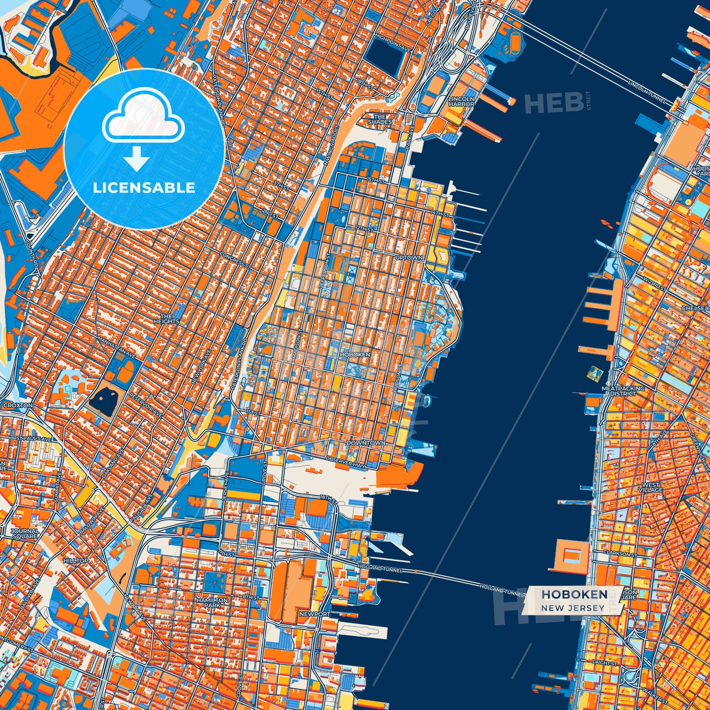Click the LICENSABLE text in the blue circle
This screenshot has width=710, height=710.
(x=144, y=188)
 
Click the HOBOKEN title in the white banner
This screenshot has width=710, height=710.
(x=574, y=595)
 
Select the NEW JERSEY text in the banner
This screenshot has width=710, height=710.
(x=573, y=608)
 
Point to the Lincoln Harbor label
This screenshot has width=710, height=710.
(x=461, y=101)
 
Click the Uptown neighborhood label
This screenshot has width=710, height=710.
(x=409, y=257)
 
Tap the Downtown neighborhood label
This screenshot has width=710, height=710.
(x=366, y=443)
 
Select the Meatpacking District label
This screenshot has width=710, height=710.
(x=623, y=391)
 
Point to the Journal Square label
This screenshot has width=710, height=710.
(x=25, y=534)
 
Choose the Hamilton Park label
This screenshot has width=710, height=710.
(x=212, y=602)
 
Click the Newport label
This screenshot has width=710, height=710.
(x=314, y=614)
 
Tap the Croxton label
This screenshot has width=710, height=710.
(x=18, y=405)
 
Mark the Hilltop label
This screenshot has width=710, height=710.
(x=76, y=561)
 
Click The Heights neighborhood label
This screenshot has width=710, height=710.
(x=167, y=319)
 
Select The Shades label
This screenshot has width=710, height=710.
(x=380, y=119)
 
